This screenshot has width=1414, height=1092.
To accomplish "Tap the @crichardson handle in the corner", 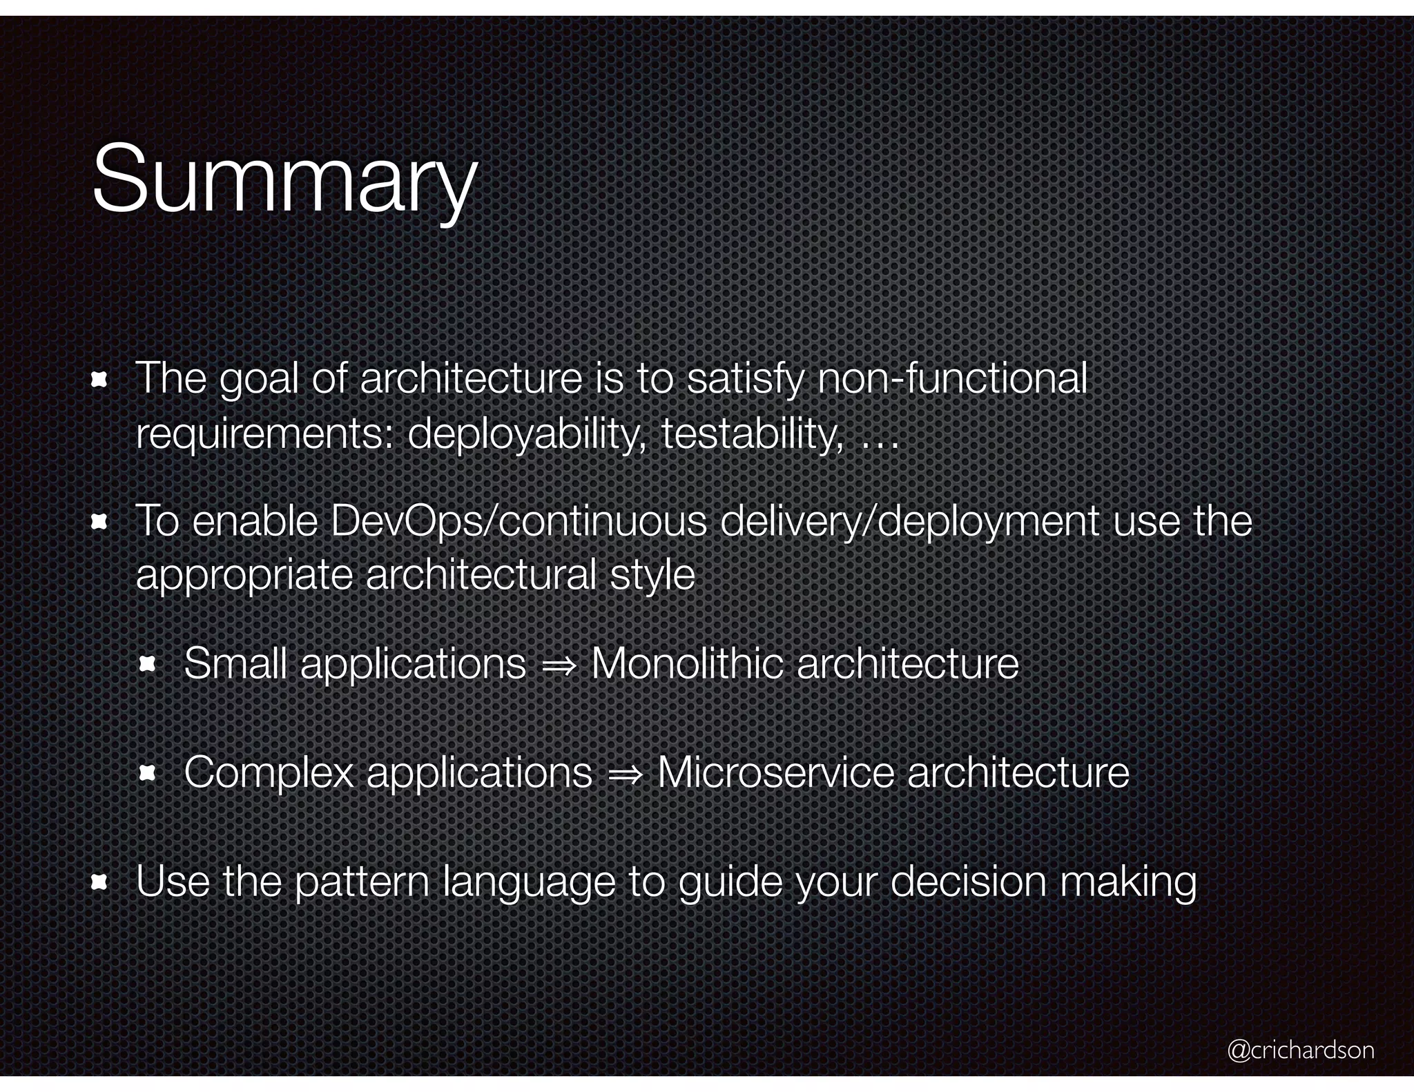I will point(1300,1050).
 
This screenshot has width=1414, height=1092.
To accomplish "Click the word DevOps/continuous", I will point(519,521).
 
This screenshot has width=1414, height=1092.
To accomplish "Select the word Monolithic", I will point(686,664).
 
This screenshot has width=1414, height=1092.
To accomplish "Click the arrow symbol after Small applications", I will point(558,666).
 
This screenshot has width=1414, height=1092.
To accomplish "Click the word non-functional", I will point(952,379).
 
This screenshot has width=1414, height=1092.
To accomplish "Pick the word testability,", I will point(752,435).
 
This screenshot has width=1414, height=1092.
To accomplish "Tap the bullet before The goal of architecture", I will point(99,379).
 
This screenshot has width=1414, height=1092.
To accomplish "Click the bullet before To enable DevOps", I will point(99,522).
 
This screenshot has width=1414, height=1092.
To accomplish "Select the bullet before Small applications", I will point(148,665).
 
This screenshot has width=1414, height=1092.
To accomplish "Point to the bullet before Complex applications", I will point(148,774).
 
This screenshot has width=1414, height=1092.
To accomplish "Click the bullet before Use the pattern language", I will point(99,882).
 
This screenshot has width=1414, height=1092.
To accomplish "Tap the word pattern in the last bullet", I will point(362,882).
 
